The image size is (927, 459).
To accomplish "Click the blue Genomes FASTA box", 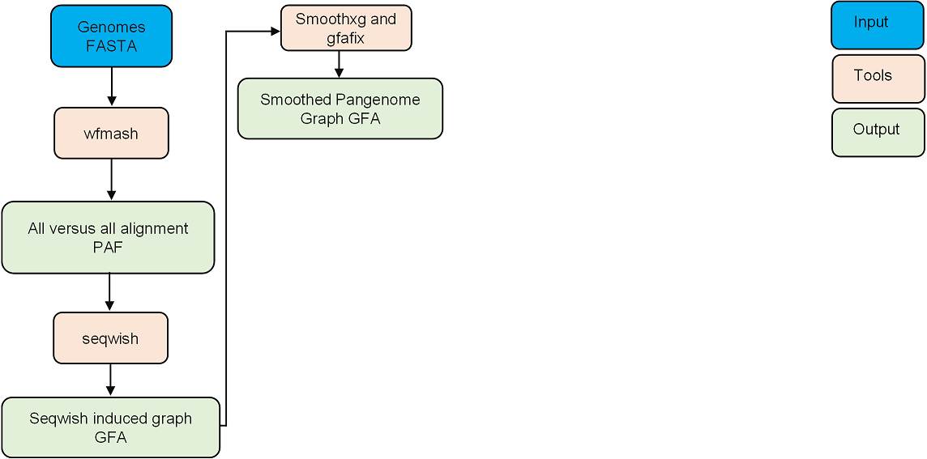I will click(111, 36).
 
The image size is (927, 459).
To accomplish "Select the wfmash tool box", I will click(111, 134).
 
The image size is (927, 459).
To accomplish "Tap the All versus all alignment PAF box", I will click(108, 237).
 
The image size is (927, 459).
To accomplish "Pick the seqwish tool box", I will click(110, 338).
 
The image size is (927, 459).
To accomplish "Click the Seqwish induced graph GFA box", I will click(110, 427).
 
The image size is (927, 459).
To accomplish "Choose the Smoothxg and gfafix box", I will click(346, 28).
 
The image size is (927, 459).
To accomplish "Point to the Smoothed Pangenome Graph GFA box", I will click(340, 108).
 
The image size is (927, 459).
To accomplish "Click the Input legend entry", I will click(878, 25).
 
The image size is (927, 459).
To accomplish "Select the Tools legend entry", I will click(878, 79).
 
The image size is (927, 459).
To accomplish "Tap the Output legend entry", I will click(878, 132).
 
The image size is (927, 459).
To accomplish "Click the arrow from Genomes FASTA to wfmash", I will click(111, 87).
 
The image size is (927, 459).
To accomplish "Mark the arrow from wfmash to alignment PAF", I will click(111, 179).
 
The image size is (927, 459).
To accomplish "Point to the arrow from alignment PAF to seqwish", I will click(109, 292).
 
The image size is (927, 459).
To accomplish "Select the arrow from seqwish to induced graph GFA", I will click(110, 380).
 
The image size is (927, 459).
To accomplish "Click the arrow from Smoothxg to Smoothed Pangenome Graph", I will click(340, 63).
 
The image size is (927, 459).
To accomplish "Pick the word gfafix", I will click(346, 37).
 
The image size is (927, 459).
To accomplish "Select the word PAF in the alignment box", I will click(108, 247).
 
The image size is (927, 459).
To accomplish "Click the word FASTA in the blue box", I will click(111, 46).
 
